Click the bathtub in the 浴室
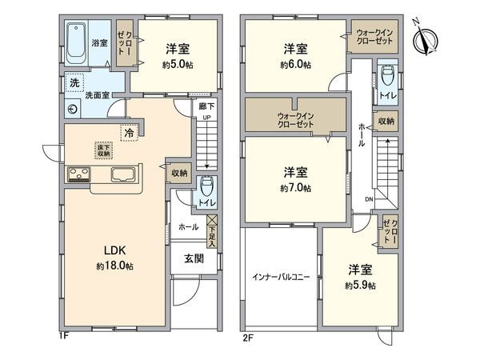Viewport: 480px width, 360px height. click(x=78, y=45)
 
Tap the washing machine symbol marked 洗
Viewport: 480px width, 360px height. click(x=74, y=83)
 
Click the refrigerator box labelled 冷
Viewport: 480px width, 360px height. click(x=128, y=133)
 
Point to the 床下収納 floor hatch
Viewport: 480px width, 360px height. click(x=103, y=150)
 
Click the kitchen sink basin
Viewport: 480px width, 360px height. click(x=124, y=176)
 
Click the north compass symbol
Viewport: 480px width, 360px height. click(x=425, y=38)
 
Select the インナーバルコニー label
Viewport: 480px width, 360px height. click(x=282, y=278)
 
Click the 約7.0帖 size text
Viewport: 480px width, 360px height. click(x=296, y=188)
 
